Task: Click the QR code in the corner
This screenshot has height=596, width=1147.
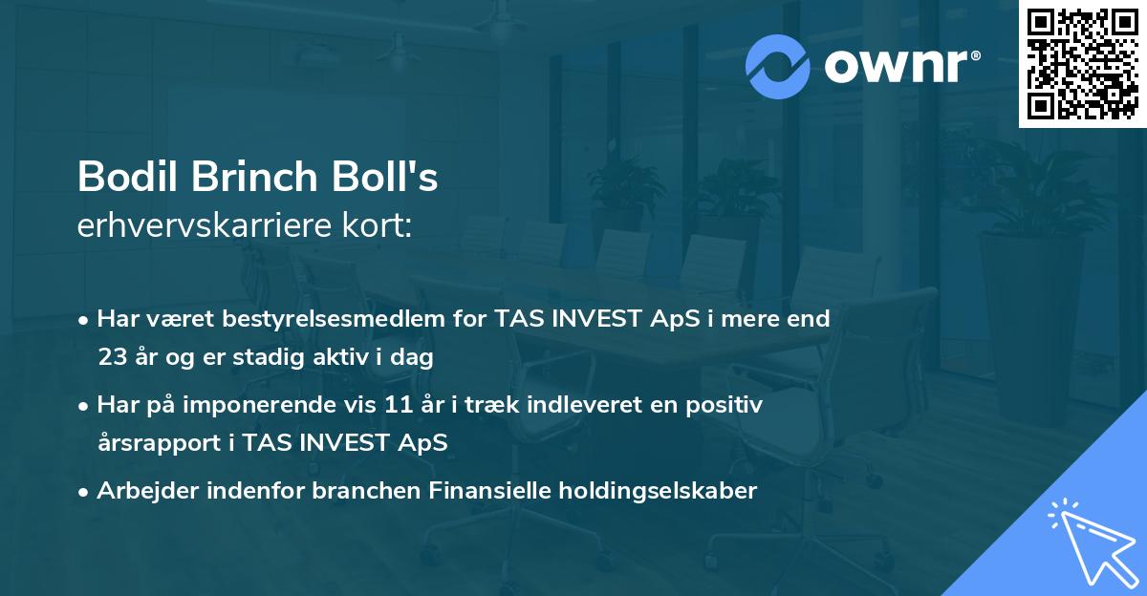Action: (x=1082, y=64)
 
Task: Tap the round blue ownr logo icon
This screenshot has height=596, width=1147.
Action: (x=777, y=66)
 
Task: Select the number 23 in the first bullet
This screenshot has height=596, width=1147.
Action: (x=111, y=358)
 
